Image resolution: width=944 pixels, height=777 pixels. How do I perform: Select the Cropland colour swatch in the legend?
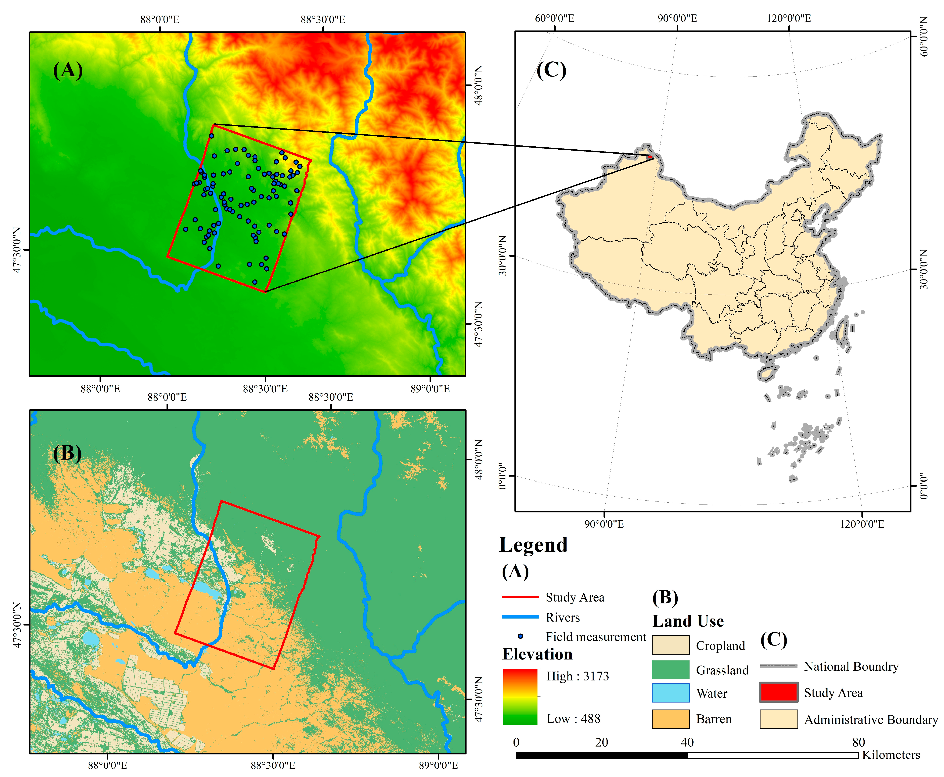(x=670, y=645)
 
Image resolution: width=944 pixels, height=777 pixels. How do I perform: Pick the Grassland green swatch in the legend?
(x=670, y=669)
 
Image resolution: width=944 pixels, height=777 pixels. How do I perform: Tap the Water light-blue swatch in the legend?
(x=670, y=693)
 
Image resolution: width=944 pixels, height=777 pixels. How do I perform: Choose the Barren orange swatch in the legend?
(x=670, y=719)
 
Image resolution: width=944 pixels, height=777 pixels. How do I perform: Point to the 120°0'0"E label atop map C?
(x=788, y=18)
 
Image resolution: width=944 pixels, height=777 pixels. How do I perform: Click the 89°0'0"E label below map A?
(x=430, y=389)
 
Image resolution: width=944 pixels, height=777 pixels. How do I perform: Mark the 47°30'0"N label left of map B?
(x=17, y=625)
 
